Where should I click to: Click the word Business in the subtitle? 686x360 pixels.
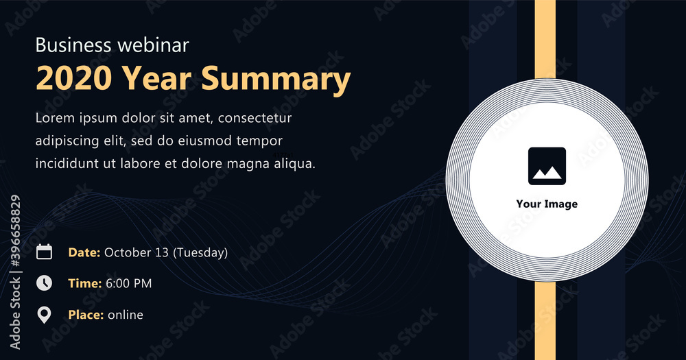point(73,45)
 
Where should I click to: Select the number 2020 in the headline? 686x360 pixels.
point(74,78)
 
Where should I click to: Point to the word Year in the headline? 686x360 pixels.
point(156,78)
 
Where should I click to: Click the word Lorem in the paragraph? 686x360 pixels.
point(55,118)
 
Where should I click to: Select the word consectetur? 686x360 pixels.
point(255,118)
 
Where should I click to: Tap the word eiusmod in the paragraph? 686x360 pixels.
point(204,141)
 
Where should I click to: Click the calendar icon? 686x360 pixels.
point(44,252)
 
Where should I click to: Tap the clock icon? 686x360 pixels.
point(44,283)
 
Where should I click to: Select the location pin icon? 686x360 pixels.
point(44,315)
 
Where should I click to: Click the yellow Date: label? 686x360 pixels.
point(84,252)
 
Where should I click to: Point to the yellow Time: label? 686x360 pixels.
point(85,283)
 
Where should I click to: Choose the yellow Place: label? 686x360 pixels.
point(86,315)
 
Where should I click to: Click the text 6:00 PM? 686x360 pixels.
point(129,283)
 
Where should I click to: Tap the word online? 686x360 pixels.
point(126,315)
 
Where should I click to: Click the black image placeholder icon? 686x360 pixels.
point(547,166)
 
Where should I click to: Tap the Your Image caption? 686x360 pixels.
point(547,204)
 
